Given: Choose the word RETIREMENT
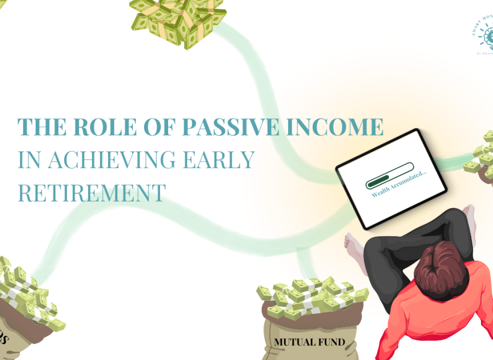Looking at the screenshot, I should click(x=91, y=192).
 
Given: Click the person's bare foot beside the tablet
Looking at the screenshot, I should click(x=354, y=250).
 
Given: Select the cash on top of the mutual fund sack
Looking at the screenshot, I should click(x=309, y=299).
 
